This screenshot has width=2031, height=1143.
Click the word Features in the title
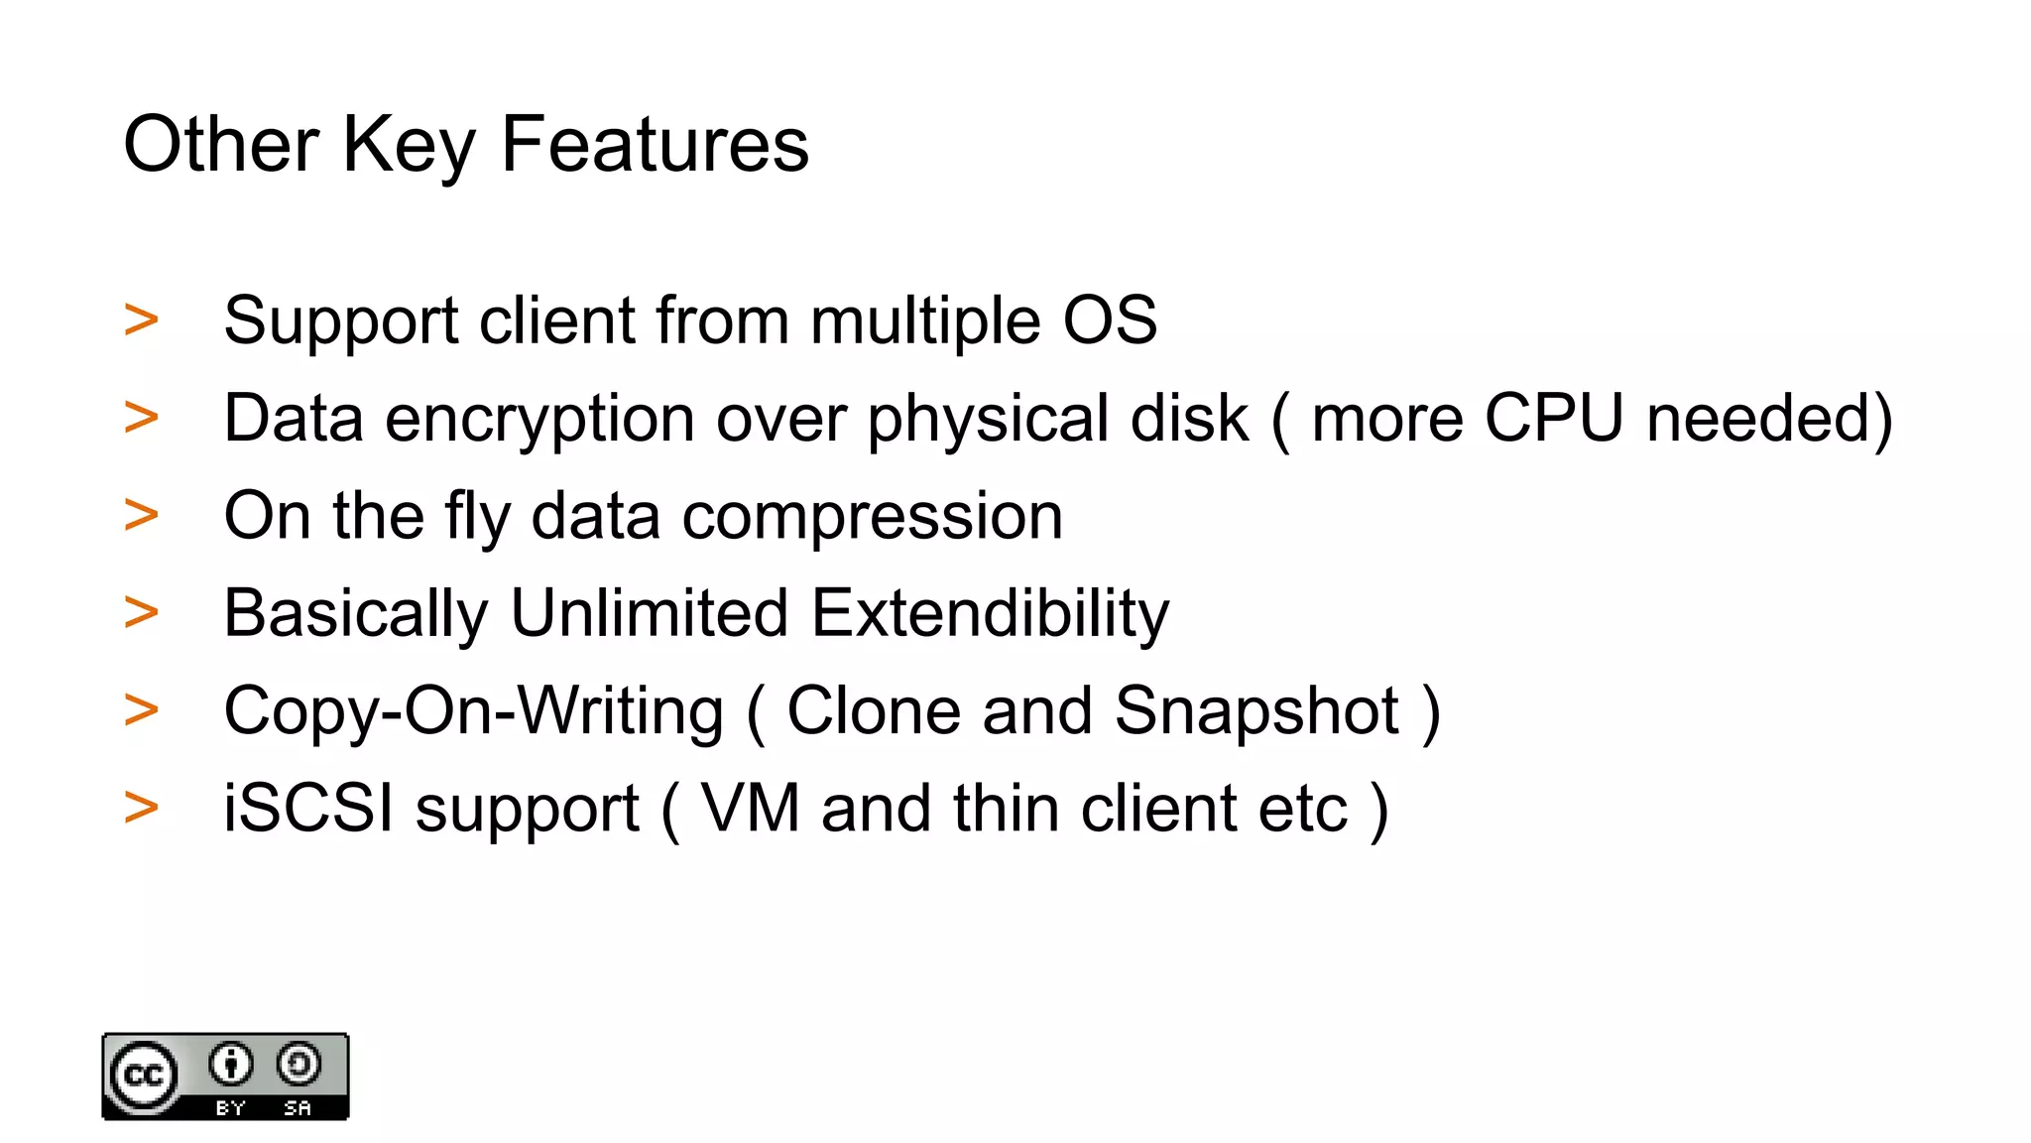655,145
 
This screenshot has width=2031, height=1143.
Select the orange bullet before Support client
142,319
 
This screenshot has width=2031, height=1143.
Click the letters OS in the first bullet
1110,320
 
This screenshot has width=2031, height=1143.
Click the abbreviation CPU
1553,418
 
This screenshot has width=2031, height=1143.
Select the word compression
872,517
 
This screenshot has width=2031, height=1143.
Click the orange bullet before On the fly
142,515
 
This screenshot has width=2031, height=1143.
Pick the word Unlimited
649,613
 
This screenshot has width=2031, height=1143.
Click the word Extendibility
990,613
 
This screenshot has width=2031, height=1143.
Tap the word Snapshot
1256,711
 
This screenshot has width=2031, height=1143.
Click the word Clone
874,711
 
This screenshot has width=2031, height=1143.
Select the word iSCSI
308,809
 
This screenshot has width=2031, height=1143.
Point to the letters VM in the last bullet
750,809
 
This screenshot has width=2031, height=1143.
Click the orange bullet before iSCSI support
142,807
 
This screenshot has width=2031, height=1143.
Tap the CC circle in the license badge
145,1076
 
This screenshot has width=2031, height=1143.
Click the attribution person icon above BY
231,1065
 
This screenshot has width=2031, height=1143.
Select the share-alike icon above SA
298,1065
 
